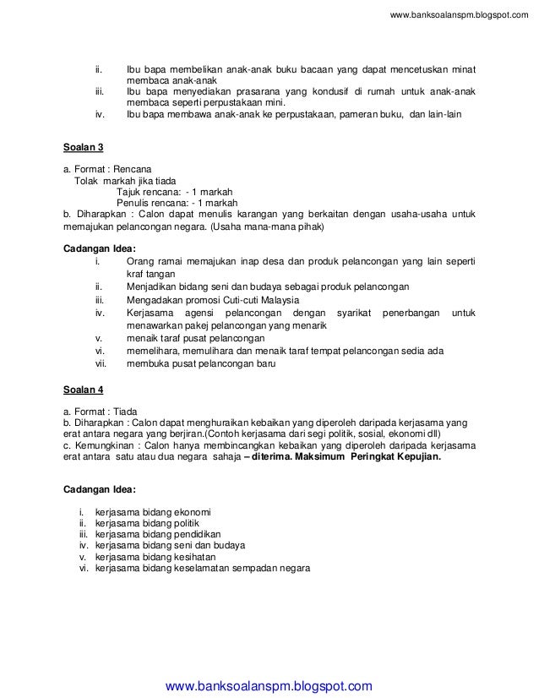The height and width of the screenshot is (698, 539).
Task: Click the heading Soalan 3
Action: pos(84,147)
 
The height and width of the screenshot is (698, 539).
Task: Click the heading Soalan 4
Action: pos(84,390)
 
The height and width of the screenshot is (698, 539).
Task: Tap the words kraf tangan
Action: pos(150,275)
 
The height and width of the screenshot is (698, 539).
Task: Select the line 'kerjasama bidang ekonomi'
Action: pos(154,512)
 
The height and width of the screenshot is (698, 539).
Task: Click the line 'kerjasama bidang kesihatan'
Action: pos(155,557)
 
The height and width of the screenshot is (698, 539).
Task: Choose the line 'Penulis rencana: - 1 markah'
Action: pos(177,203)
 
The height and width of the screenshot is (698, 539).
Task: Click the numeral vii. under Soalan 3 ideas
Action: pos(100,364)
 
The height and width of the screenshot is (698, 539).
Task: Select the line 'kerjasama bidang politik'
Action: pos(149,523)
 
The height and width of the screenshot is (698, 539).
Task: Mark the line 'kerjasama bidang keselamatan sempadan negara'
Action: pos(203,568)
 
